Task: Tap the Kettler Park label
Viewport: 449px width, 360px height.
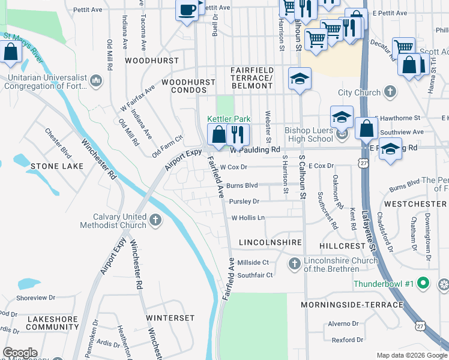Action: coord(229,119)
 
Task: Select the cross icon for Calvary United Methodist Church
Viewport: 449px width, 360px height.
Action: coord(155,220)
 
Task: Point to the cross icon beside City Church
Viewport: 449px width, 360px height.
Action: coord(390,92)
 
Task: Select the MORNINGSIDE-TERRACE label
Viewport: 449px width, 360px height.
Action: coord(352,305)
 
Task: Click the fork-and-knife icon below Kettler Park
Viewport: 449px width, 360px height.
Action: coord(238,134)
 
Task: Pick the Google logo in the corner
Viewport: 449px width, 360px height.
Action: coord(20,353)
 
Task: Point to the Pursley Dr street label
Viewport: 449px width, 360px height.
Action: coord(243,202)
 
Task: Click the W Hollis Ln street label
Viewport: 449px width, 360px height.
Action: coord(248,218)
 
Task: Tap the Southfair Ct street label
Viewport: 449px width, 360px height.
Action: coord(255,275)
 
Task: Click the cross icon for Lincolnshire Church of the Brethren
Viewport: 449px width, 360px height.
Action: coord(294,263)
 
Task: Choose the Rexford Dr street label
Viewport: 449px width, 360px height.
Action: coord(348,340)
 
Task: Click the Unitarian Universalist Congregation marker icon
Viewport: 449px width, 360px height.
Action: coord(96,80)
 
